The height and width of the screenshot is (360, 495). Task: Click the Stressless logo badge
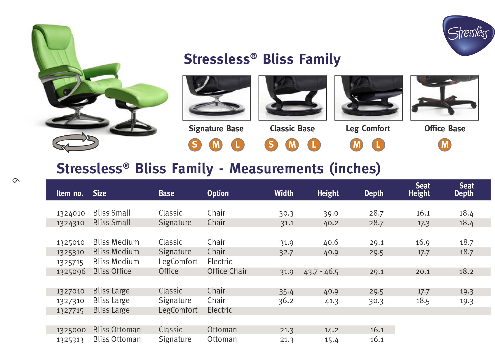[468, 35]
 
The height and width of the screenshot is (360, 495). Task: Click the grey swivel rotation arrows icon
[76, 143]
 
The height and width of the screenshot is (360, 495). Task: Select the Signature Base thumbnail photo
[217, 98]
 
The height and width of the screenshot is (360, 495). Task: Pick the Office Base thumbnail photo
[444, 98]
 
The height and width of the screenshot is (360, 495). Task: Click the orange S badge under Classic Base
[271, 145]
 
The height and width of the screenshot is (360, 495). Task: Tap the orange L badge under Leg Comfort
[378, 145]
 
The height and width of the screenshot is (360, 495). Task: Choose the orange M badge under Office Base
[445, 145]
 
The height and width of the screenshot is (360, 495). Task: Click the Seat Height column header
[419, 190]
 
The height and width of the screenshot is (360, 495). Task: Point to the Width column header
[284, 193]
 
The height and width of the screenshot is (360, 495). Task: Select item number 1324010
[71, 213]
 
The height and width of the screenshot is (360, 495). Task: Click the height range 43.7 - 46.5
[321, 272]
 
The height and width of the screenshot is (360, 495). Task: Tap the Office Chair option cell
[227, 271]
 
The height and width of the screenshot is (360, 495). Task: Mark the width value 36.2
[286, 301]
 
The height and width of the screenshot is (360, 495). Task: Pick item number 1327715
[70, 311]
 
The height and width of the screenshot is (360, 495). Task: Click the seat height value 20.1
[423, 272]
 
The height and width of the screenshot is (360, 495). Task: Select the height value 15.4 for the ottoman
[331, 340]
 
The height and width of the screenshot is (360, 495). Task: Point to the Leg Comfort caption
[368, 129]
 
